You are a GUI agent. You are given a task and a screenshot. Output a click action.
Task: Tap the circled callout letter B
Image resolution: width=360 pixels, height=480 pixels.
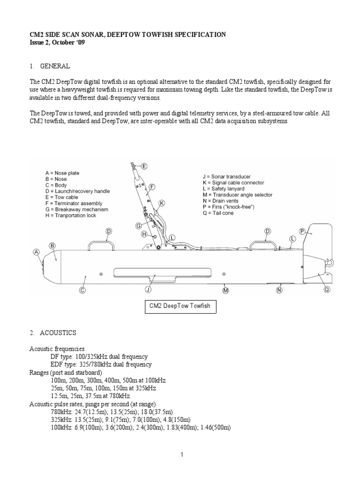coord(52,245)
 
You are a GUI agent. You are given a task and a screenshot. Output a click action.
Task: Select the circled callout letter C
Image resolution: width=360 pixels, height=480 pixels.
coord(82,290)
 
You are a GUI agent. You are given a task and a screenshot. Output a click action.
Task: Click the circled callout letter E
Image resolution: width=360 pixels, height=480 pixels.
coord(144,166)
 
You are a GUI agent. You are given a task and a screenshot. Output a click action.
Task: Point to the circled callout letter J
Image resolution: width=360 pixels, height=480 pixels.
coord(148,290)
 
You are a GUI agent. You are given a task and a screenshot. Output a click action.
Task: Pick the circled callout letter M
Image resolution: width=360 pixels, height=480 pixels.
coord(225,291)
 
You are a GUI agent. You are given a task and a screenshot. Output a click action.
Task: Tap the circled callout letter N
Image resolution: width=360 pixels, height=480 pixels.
coord(279,290)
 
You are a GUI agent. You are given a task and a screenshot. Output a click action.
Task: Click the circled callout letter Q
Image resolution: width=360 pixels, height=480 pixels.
coord(327,290)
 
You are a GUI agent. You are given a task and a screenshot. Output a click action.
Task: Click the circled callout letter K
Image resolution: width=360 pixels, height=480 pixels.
coord(162,203)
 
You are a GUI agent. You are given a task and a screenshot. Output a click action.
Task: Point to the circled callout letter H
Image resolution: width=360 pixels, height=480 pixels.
coord(144,233)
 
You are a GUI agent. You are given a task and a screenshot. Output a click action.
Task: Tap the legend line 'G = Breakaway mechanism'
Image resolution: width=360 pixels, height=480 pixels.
coord(75,210)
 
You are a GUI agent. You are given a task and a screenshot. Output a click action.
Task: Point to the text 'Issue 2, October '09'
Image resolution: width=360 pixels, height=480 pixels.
coord(58,43)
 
